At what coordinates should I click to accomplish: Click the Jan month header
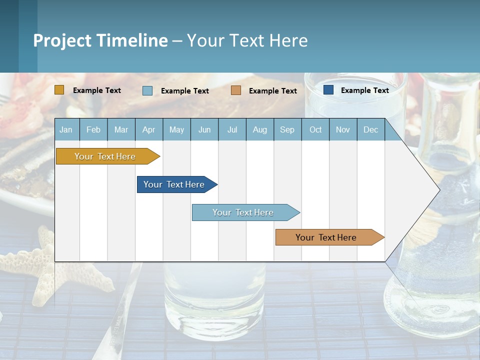[x=66, y=129]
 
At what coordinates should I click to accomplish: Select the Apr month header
[x=149, y=129]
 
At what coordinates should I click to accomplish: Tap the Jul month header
[x=232, y=129]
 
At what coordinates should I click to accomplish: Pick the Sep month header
[x=287, y=129]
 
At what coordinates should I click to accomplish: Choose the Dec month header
[x=370, y=129]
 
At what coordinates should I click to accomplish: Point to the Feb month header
[x=93, y=129]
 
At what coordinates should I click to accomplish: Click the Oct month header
[x=315, y=129]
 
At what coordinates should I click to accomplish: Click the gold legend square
[x=59, y=90]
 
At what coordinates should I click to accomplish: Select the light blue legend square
[x=147, y=90]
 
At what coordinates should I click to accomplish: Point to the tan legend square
[x=236, y=90]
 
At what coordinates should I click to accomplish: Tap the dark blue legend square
[x=328, y=90]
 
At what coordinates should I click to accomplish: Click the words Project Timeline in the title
[x=100, y=40]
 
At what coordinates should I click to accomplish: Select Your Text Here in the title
[x=247, y=40]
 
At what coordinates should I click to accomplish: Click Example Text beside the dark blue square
[x=364, y=90]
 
